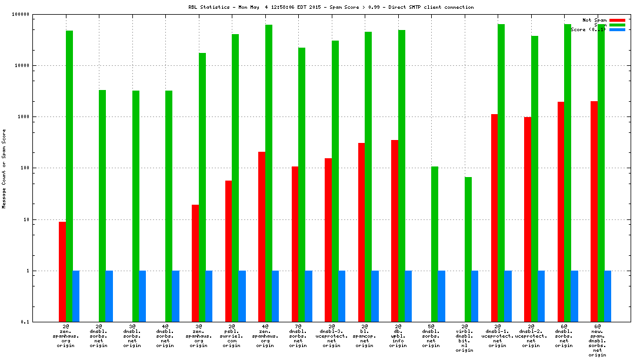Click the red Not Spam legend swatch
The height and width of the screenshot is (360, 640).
tap(616, 20)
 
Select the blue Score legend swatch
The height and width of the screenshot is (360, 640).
tap(616, 29)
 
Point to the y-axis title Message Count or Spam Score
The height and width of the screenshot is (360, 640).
tap(4, 169)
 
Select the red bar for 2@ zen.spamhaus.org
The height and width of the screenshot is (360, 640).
tap(62, 272)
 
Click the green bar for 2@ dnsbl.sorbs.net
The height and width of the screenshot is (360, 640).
tap(102, 206)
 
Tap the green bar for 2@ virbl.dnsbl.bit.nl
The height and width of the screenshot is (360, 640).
tap(468, 249)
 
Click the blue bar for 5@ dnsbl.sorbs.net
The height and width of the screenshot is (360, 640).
tap(442, 296)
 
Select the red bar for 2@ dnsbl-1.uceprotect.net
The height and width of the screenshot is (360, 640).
tap(495, 218)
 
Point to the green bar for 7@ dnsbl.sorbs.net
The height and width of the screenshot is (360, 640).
tap(302, 185)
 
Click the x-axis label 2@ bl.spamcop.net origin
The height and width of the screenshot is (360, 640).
tap(365, 335)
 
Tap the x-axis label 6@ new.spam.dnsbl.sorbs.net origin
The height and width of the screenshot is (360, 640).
tap(597, 340)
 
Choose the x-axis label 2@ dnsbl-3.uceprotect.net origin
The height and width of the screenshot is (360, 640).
tap(331, 335)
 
